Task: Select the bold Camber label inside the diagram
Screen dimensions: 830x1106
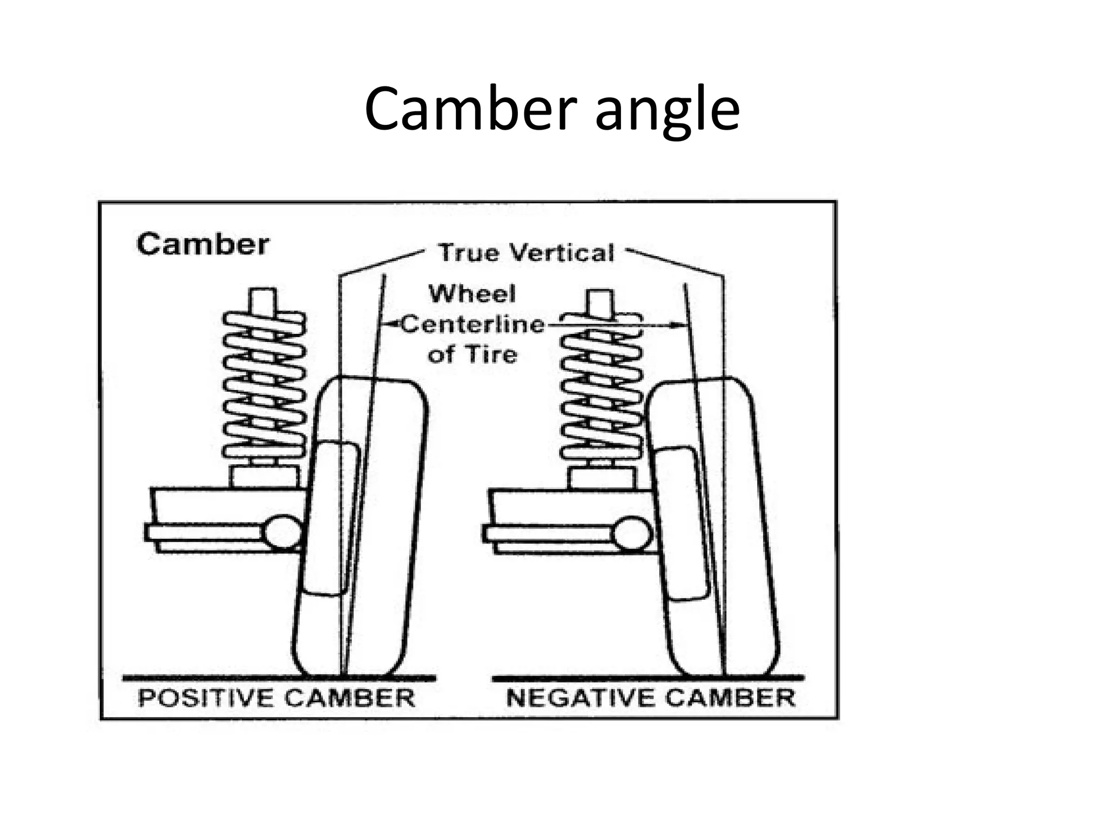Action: pos(203,244)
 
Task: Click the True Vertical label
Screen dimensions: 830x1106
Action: pos(526,253)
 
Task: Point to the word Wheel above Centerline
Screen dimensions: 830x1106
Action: pos(472,294)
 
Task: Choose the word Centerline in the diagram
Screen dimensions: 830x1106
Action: pos(473,325)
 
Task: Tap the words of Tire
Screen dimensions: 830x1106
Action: pos(472,355)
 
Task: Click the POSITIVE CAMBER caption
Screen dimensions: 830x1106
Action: pos(276,698)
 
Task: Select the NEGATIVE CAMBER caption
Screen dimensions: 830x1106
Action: pos(651,698)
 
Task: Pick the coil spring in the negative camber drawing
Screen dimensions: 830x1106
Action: pos(601,389)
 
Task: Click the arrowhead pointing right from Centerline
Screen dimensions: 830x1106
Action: pos(676,325)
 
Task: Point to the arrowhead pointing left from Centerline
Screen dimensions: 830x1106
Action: pos(387,325)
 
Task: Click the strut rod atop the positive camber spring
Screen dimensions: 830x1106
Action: pos(264,300)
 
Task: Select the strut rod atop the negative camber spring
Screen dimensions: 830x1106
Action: pos(601,303)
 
